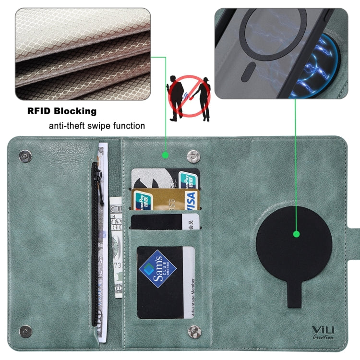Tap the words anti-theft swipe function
(x=96, y=126)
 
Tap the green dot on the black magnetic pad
(x=296, y=234)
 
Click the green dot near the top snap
(x=165, y=155)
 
